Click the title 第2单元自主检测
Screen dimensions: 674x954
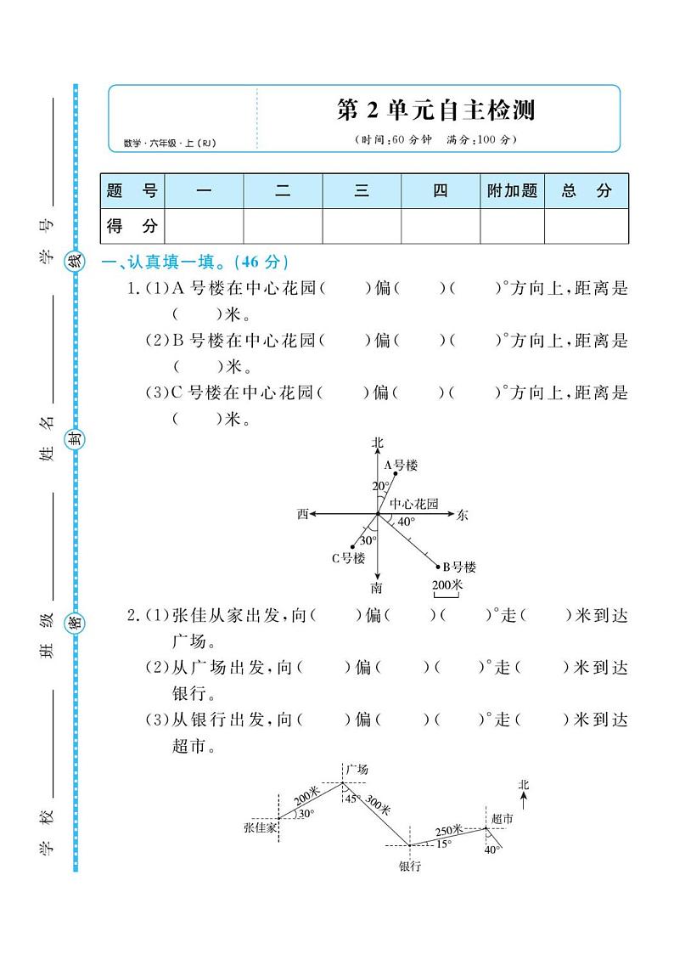click(436, 110)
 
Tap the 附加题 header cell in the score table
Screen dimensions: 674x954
click(512, 191)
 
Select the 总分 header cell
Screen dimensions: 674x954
click(586, 191)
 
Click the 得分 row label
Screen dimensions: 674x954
click(132, 226)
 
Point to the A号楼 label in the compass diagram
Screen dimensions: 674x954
click(401, 466)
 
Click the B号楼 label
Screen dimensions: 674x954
click(458, 567)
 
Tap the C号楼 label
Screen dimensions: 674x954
click(347, 558)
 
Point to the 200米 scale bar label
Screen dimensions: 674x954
click(447, 585)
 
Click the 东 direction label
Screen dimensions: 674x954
click(462, 515)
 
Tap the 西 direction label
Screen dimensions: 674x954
click(302, 514)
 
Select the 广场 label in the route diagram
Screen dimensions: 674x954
click(357, 769)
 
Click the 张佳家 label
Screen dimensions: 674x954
click(260, 826)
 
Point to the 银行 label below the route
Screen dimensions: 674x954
click(409, 867)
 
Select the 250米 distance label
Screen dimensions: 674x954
click(449, 830)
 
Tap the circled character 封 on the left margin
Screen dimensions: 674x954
click(76, 439)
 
